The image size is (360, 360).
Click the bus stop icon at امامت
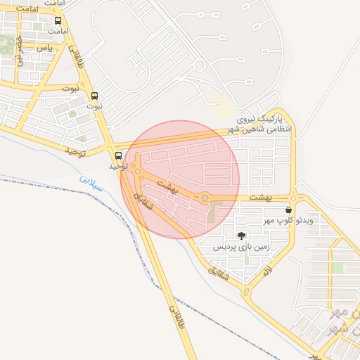[58, 21]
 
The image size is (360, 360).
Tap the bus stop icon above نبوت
[95, 96]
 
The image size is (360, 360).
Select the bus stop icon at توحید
[117, 156]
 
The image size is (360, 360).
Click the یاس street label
[44, 47]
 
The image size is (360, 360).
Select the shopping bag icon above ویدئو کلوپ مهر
[289, 210]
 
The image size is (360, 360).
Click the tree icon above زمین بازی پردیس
[242, 236]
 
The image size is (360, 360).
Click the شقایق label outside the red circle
[219, 275]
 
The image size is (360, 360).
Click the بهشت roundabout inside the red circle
[205, 198]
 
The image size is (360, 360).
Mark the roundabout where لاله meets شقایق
[245, 290]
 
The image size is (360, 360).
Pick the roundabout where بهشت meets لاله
[293, 198]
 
